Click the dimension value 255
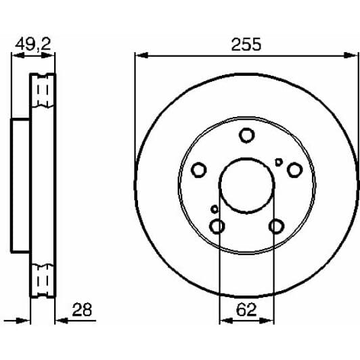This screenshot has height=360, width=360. pos(246,44)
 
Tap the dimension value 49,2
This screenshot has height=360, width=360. pos(33,44)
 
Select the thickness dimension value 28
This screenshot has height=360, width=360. pos(82,310)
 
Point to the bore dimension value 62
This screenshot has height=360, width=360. pos(246,310)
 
